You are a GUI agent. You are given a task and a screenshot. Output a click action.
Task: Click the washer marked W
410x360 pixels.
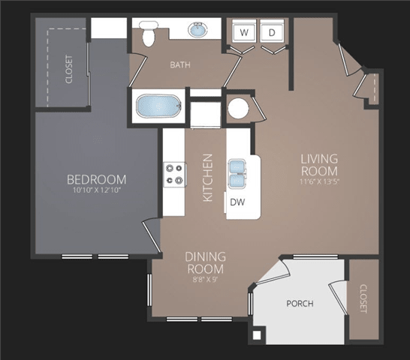point(244,32)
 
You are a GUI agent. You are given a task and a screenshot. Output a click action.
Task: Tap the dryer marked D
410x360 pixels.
point(272,32)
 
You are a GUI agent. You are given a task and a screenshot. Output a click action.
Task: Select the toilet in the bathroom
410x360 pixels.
point(149,34)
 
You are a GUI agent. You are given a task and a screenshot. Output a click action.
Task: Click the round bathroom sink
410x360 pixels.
point(198,29)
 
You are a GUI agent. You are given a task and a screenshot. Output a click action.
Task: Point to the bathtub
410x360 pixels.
point(159,106)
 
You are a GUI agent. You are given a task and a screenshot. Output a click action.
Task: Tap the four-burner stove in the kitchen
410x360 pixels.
point(175,174)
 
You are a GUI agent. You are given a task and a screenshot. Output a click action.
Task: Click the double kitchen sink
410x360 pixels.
point(237,174)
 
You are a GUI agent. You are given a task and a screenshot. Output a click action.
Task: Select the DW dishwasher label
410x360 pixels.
point(237,202)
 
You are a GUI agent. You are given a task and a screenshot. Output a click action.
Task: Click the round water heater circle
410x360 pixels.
point(238,108)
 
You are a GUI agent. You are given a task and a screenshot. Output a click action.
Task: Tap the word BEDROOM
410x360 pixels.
point(96,179)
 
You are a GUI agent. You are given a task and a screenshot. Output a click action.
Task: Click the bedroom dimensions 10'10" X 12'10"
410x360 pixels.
point(96,190)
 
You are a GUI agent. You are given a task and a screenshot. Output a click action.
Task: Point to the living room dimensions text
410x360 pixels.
point(319,181)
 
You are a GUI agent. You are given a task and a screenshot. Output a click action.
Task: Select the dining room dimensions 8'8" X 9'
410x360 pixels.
point(205,280)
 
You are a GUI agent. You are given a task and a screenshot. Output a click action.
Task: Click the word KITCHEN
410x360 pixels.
point(208,178)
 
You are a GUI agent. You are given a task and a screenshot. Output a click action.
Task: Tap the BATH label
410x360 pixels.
point(180,64)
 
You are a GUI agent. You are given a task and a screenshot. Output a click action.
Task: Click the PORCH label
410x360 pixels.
point(300,304)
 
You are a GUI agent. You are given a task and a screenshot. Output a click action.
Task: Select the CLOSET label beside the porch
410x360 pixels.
point(363,298)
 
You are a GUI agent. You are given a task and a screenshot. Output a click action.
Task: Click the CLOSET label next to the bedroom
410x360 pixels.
point(69,69)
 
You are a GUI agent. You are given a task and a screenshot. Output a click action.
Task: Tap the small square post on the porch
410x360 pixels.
point(257,335)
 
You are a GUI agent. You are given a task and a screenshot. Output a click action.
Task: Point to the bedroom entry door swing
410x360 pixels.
point(151,237)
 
